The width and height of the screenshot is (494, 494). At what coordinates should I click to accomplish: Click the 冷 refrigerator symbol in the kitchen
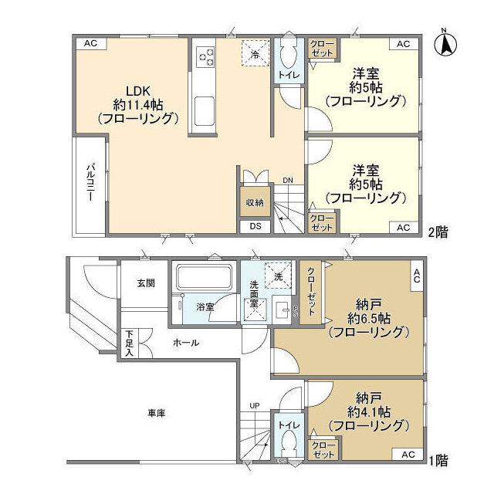(x=255, y=53)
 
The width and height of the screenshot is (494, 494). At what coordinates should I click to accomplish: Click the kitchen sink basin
(x=206, y=110)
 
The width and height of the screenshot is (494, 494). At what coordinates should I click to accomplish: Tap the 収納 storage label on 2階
(x=255, y=202)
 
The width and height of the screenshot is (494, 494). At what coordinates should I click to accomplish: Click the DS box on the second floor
(x=255, y=226)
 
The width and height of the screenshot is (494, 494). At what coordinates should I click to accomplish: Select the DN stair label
(x=287, y=181)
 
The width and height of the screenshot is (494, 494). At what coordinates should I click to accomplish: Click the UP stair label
(x=254, y=404)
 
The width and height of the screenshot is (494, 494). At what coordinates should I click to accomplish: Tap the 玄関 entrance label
(x=147, y=283)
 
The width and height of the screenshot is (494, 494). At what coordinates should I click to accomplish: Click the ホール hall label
(x=186, y=343)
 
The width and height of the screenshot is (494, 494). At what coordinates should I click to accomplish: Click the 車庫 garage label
(x=156, y=414)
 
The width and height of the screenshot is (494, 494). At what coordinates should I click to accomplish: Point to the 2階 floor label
(x=438, y=229)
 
